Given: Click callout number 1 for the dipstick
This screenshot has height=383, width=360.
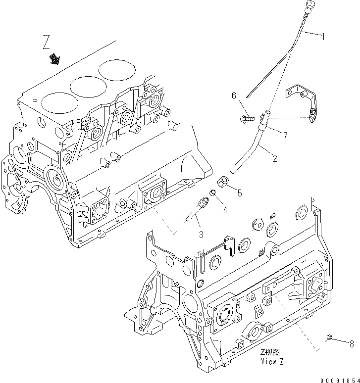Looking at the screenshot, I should pos(323,36).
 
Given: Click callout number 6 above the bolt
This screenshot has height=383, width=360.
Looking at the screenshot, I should pos(234,97).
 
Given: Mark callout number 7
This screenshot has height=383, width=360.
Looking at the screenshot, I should pos(285,134).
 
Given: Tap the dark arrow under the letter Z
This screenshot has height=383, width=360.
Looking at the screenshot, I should pos(54,60).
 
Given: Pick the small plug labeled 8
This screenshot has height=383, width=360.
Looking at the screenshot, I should pos(329,338).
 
